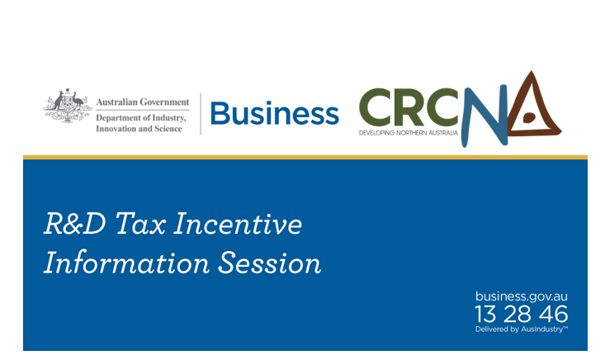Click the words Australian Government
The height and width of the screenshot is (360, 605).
coord(142,102)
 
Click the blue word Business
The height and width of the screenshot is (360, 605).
coord(275,114)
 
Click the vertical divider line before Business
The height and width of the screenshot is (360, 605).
coord(201,113)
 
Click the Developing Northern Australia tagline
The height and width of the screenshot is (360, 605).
coord(408,132)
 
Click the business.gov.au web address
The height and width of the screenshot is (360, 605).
coord(522,296)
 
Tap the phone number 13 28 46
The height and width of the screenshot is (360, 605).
coord(522,313)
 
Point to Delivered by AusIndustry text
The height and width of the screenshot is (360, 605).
coord(522,329)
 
